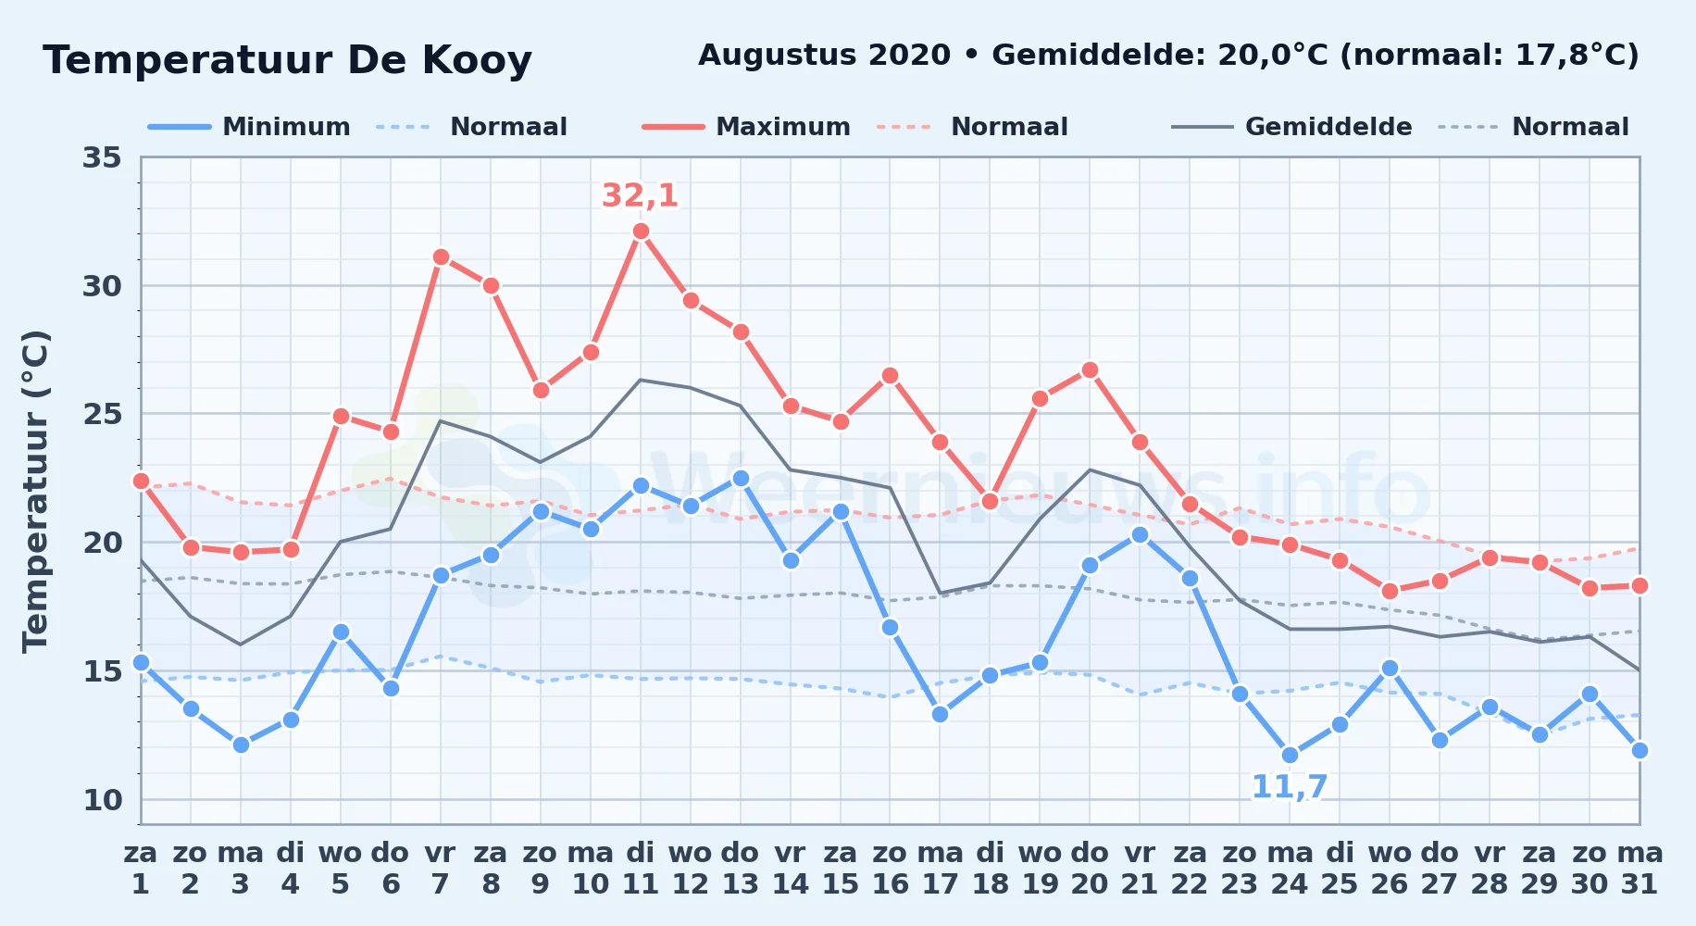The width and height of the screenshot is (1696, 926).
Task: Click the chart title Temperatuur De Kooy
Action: (x=287, y=60)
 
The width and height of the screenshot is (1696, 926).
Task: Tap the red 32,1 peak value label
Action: (x=640, y=195)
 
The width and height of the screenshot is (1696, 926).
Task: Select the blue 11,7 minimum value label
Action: (x=1290, y=787)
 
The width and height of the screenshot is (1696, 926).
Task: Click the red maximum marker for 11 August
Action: (x=641, y=231)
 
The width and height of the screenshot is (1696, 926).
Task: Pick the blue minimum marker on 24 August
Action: (x=1290, y=756)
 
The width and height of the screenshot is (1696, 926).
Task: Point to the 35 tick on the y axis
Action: (x=102, y=157)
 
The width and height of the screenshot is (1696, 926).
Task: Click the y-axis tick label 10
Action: (x=102, y=799)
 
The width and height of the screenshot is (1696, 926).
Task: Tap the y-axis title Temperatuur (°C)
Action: (x=35, y=491)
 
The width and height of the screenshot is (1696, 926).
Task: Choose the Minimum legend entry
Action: (x=250, y=127)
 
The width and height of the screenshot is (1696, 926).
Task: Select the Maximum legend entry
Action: (x=747, y=127)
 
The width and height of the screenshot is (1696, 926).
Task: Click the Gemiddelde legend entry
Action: (x=1292, y=127)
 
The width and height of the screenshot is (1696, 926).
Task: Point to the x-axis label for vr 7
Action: (x=441, y=868)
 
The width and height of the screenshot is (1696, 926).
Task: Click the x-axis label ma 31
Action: (x=1640, y=868)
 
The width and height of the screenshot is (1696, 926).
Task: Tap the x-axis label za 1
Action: (x=141, y=868)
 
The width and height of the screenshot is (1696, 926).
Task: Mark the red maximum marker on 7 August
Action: (x=441, y=257)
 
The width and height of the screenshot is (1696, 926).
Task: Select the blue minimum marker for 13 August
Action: (x=741, y=479)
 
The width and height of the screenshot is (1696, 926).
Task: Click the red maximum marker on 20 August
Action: (x=1090, y=370)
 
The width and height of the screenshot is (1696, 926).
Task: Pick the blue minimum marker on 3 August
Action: (x=241, y=745)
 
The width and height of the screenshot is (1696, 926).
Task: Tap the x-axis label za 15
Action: (x=841, y=868)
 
